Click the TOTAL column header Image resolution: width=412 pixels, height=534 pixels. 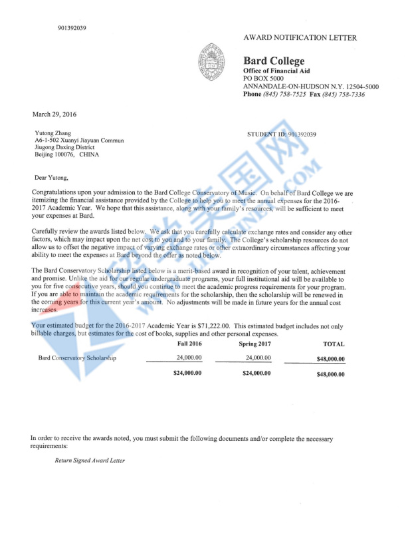[x=334, y=344]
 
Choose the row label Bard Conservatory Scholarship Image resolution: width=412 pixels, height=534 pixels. [x=77, y=358]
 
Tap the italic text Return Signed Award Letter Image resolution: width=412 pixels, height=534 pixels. [x=90, y=460]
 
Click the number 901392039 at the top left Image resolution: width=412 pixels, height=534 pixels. [x=72, y=28]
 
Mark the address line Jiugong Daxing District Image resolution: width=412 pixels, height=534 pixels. [x=65, y=147]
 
